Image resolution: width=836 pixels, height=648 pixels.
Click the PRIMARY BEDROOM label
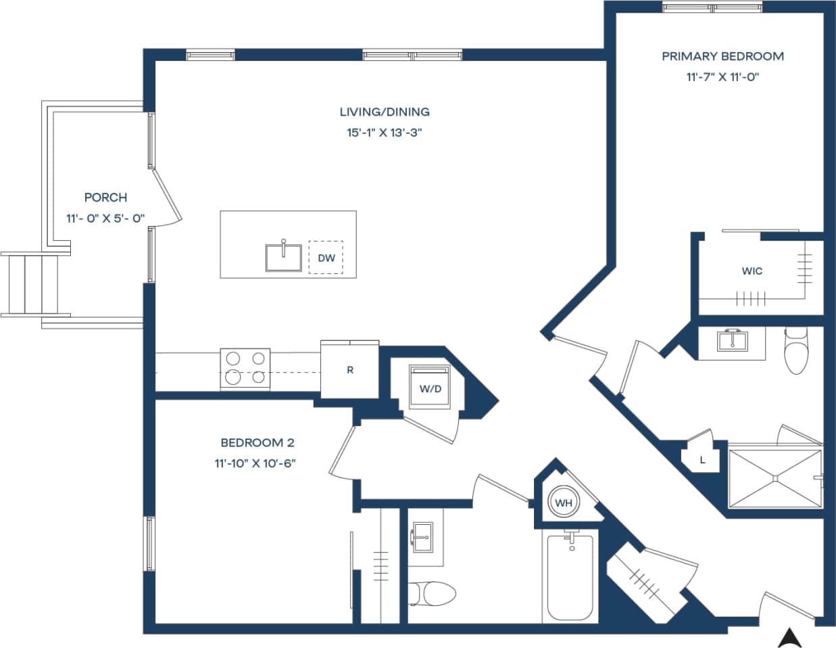[722, 56]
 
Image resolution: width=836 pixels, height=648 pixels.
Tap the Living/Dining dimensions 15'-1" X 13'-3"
[384, 133]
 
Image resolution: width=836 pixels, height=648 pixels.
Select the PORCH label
[105, 198]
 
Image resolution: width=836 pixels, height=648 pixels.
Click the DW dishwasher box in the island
[326, 258]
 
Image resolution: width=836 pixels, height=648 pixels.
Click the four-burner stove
[245, 369]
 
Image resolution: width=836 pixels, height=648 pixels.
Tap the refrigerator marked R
[349, 370]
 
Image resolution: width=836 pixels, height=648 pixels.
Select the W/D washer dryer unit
[430, 388]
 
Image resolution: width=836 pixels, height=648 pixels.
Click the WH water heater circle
[564, 503]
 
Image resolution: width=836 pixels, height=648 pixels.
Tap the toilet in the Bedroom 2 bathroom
[433, 593]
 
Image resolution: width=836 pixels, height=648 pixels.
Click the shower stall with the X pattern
[774, 478]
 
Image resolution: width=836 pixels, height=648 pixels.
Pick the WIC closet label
[752, 271]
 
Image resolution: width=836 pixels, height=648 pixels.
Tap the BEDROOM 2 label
[257, 443]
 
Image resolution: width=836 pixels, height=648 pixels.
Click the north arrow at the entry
[788, 637]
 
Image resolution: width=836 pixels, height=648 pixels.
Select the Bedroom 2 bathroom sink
[424, 537]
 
